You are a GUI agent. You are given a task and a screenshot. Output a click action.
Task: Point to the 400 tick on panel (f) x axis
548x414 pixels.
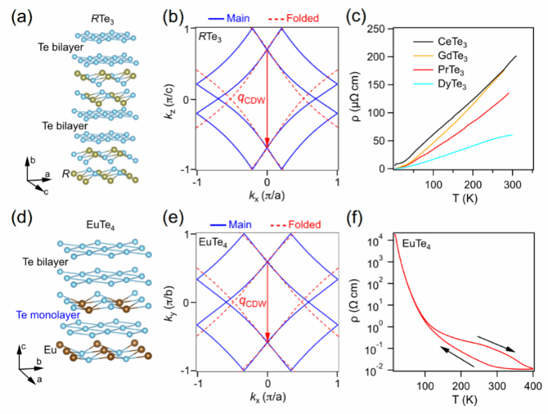(x=532, y=386)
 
